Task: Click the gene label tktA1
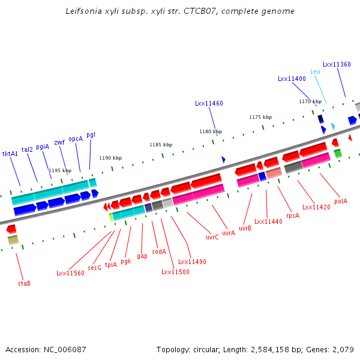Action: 10,154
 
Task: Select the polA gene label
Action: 341,202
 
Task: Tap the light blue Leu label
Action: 315,71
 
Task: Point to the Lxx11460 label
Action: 209,103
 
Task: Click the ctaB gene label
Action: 24,283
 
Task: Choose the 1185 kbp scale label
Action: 161,145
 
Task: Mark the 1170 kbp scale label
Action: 310,101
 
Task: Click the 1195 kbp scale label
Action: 60,170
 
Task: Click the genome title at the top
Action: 180,11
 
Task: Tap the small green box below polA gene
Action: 338,154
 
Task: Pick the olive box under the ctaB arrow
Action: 13,239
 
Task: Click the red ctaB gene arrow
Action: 11,229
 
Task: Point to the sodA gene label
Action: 159,251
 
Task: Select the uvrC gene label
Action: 212,237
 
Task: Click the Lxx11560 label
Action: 70,273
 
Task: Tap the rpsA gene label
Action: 293,215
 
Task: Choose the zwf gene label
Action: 59,142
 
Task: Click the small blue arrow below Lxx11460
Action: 223,160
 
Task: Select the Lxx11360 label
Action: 337,64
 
